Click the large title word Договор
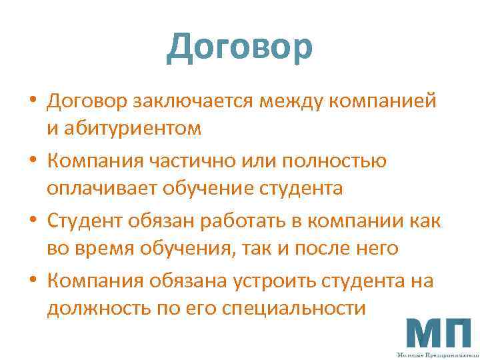tap(239, 47)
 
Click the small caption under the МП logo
tap(437, 355)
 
